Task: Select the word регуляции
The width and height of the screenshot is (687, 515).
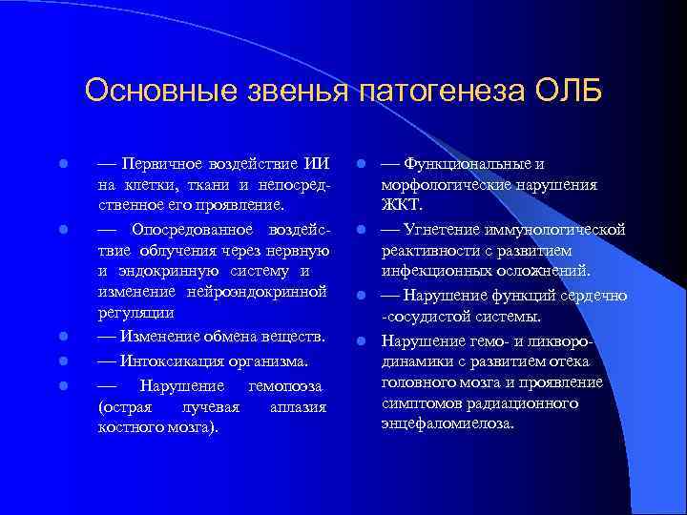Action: [135, 312]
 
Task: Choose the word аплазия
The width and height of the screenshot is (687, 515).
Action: [298, 407]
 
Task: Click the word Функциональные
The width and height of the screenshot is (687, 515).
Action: [464, 163]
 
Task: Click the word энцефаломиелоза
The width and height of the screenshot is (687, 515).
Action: [447, 422]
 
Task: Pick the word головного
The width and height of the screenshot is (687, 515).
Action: [419, 381]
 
